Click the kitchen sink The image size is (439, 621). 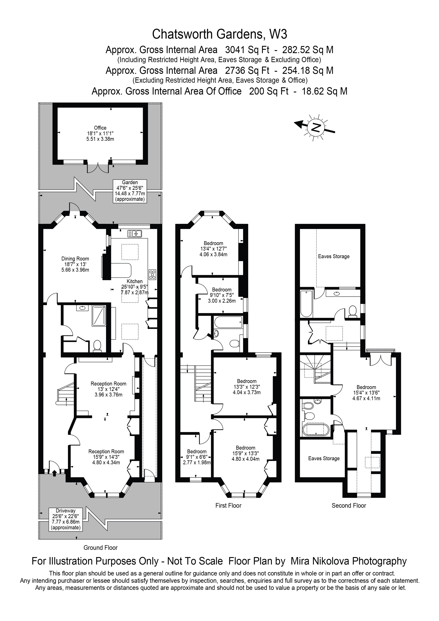tap(134, 233)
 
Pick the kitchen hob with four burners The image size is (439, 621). tap(152, 274)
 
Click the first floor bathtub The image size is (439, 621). tap(228, 322)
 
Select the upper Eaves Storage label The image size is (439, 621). tap(334, 256)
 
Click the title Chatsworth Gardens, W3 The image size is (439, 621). tap(219, 34)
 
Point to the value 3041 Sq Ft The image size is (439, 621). tap(247, 50)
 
